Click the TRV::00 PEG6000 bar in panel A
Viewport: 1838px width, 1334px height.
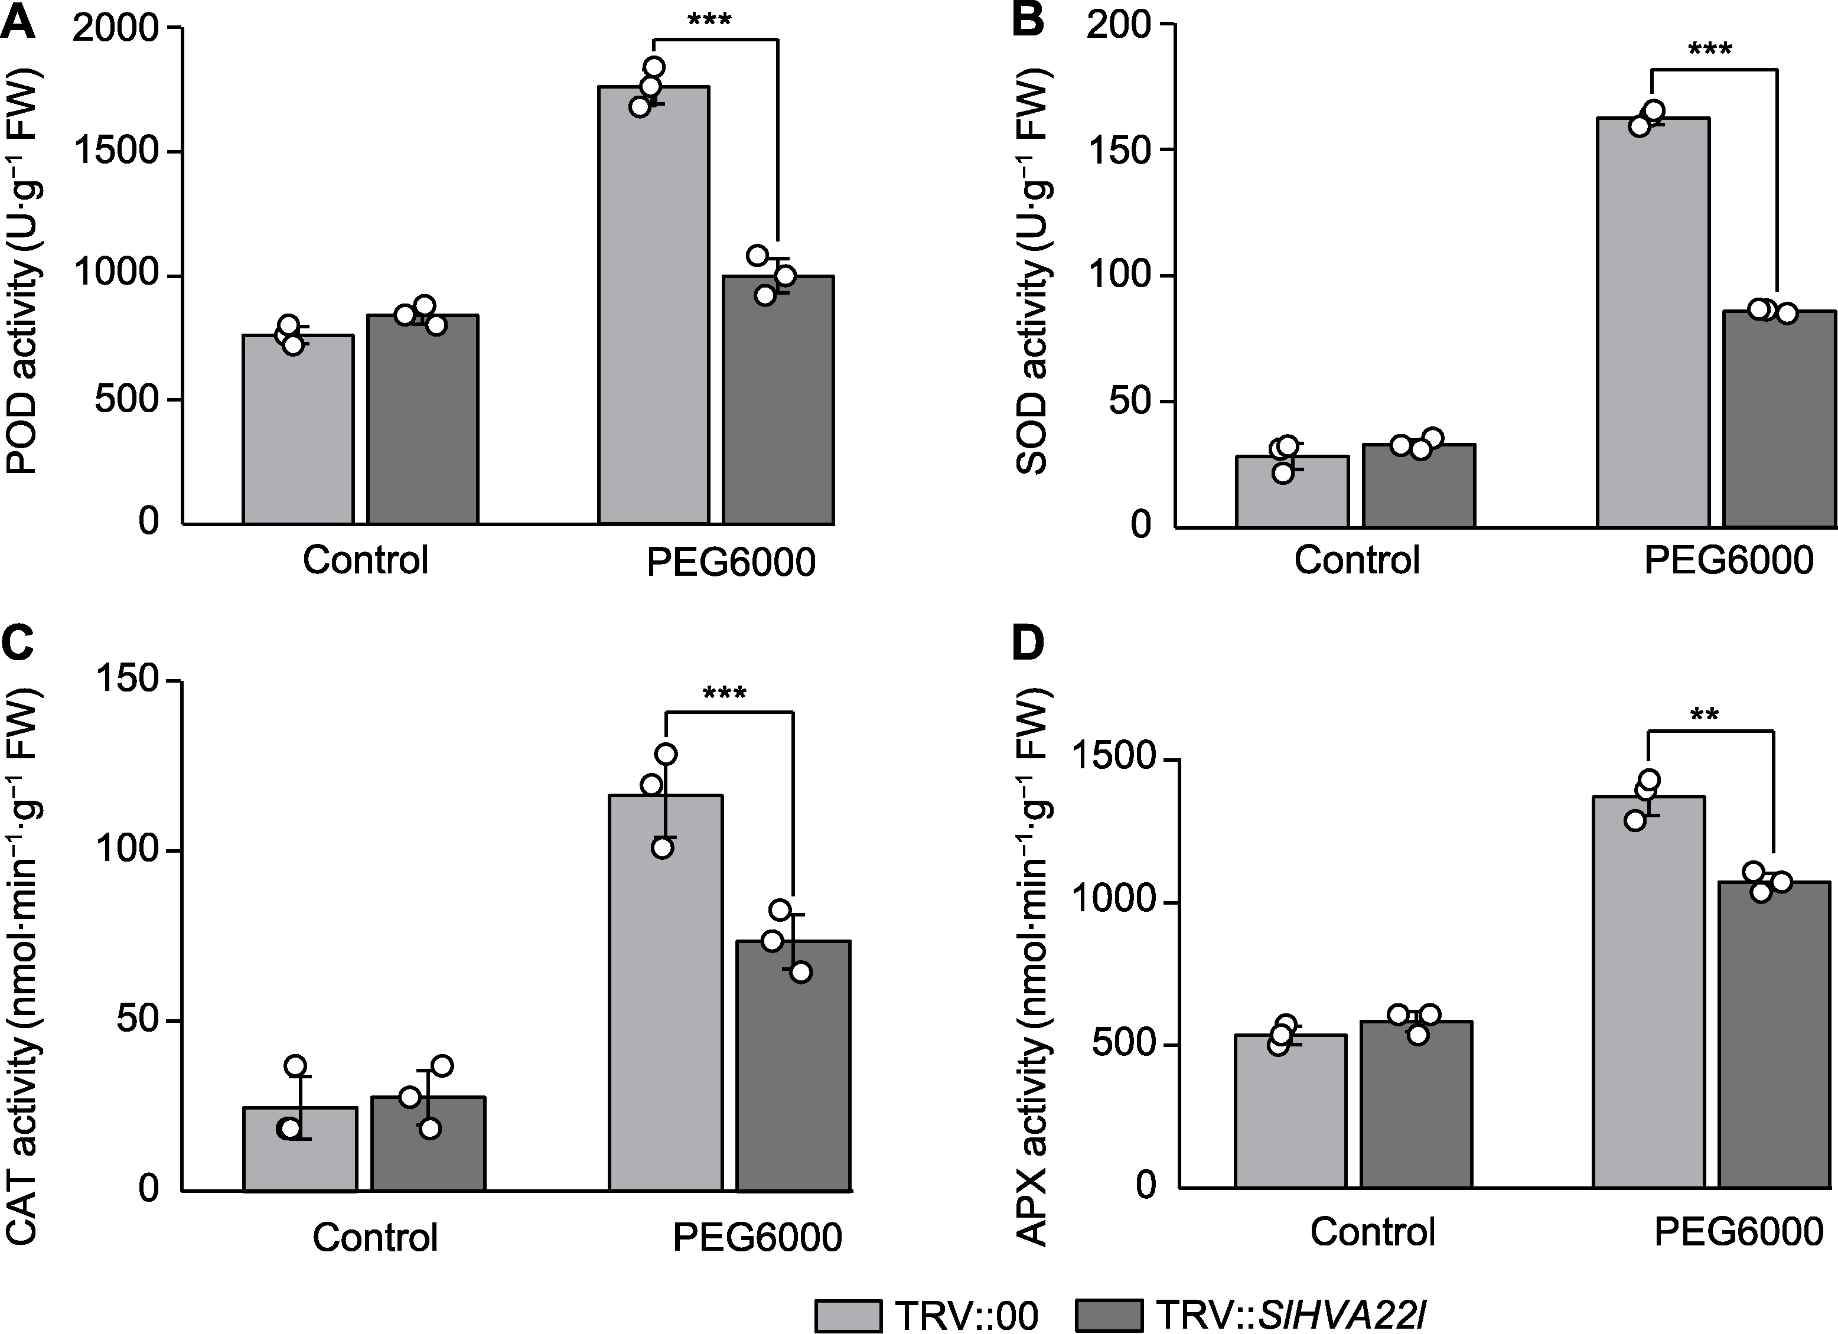click(653, 308)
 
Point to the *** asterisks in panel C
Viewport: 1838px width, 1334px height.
click(725, 694)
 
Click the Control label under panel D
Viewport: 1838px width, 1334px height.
click(1373, 1232)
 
